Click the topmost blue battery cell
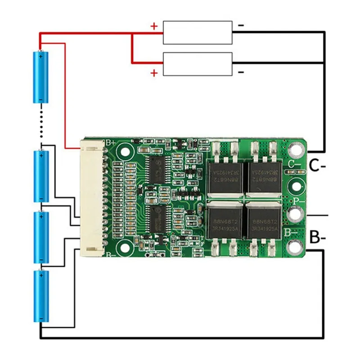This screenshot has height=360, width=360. point(40,77)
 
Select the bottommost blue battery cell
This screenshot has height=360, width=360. point(41,296)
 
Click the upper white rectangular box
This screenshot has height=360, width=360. point(198,32)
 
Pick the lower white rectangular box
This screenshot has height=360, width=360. point(198,64)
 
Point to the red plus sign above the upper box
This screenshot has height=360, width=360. point(154,26)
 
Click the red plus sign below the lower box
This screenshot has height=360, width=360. point(154,73)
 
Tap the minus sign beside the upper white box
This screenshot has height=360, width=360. point(241,26)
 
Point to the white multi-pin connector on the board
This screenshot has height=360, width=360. point(92,198)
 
